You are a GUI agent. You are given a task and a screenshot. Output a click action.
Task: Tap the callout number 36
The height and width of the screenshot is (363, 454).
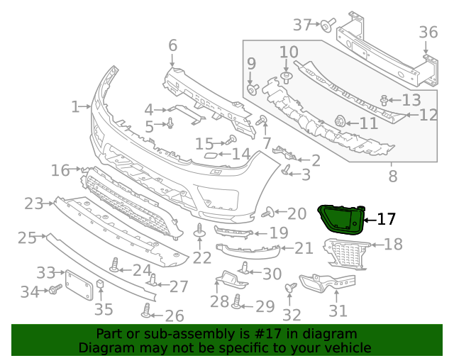(x=428, y=32)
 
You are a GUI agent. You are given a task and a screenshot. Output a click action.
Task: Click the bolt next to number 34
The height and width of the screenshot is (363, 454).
(x=54, y=290)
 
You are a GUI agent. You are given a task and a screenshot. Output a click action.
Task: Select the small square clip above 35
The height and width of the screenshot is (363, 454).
(x=101, y=286)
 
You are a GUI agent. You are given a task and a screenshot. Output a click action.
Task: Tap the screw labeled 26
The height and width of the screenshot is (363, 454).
(x=147, y=311)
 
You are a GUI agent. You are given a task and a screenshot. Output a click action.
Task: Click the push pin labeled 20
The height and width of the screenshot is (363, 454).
(x=269, y=212)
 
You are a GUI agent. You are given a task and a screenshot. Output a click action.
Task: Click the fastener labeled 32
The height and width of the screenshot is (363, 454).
(x=290, y=288)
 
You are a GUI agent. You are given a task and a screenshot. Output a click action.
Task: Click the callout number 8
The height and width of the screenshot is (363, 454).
(x=392, y=172)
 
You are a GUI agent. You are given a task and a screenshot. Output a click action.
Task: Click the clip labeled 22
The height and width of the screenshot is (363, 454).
(x=200, y=232)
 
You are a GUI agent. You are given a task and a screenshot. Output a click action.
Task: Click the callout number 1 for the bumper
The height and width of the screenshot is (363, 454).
(x=75, y=107)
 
